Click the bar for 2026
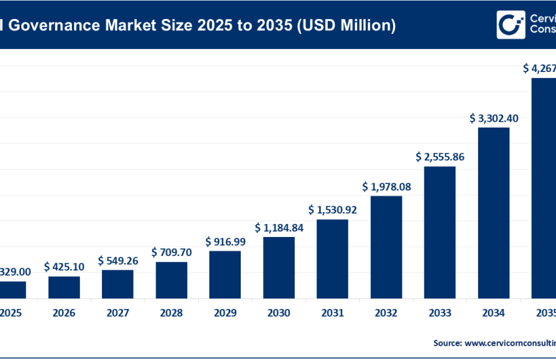64,287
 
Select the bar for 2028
171,280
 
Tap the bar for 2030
279,268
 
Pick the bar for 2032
386,247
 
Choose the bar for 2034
493,213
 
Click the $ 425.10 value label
64,266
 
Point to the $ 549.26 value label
118,261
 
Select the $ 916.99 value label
225,242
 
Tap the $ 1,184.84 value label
279,228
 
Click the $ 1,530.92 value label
332,210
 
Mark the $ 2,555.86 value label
440,157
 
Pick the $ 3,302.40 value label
493,118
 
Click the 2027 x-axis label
118,314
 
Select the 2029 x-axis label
225,314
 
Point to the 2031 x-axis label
332,314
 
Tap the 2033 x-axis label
440,314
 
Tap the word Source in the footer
446,342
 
